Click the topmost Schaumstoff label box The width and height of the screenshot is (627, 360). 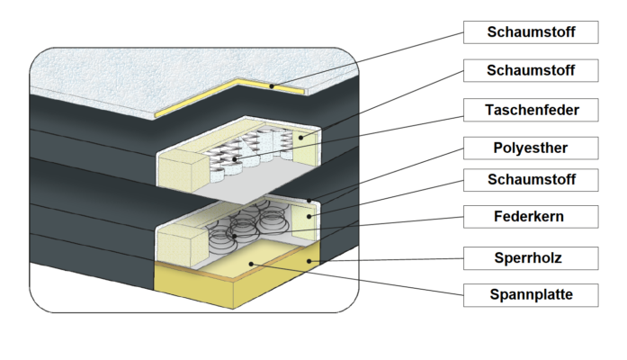530,32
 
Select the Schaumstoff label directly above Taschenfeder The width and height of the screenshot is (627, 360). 530,69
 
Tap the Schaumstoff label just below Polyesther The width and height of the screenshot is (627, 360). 530,180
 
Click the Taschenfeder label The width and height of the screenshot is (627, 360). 530,111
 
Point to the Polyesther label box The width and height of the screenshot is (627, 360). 530,147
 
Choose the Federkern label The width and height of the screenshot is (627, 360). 530,216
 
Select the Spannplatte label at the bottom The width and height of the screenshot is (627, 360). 530,294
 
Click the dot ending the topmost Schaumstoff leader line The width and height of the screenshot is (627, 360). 273,85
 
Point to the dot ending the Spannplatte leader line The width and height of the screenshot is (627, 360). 252,264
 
